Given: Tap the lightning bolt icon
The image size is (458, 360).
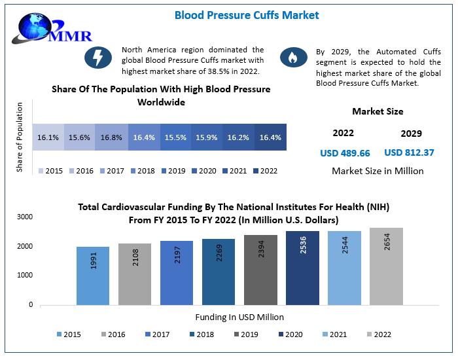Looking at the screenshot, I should click(99, 58).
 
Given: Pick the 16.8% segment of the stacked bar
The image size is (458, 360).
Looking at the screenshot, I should click(111, 138).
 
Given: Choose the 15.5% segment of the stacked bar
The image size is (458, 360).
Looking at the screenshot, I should click(175, 138).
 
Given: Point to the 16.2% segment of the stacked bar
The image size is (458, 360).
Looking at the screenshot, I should click(239, 138).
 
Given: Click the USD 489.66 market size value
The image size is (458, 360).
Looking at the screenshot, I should click(345, 153).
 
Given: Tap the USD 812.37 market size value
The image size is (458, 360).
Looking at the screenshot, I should click(409, 153).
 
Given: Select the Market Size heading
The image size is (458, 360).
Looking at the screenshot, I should click(378, 111).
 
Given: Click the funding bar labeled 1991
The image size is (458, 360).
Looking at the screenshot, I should click(93, 276).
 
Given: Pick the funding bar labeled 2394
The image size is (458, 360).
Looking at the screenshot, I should click(260, 270).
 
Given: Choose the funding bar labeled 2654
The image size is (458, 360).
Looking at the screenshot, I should click(386, 266).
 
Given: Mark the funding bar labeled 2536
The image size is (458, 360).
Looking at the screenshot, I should click(302, 268).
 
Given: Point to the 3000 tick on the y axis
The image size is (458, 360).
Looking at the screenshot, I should click(25, 217).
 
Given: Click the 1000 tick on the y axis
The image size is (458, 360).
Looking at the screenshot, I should click(25, 276).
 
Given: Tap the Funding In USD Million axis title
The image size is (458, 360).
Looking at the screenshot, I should click(239, 317).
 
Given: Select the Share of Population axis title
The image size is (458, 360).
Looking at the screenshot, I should click(19, 137).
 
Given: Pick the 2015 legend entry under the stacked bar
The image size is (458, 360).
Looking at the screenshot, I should click(50, 171).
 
